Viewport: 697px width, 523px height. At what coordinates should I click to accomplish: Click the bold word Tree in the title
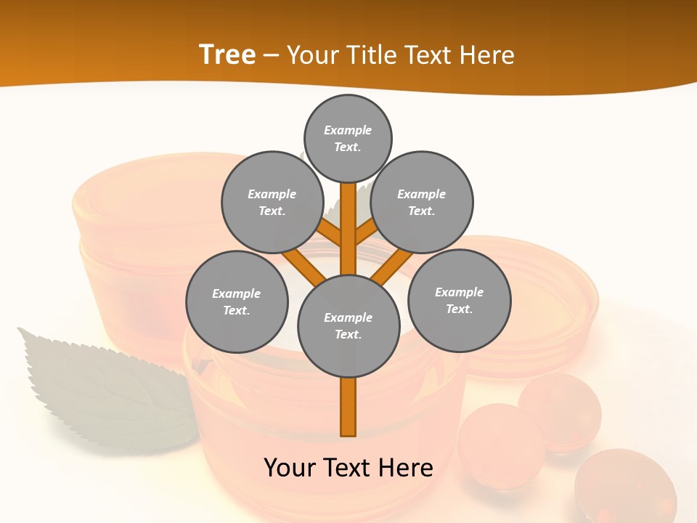point(227,54)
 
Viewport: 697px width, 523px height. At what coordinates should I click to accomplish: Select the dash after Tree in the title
point(271,55)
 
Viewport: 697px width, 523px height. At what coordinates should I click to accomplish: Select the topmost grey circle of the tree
point(348,138)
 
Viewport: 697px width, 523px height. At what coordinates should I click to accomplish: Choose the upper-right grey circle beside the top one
point(422,202)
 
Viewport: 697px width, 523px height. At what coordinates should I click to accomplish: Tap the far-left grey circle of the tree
point(237,301)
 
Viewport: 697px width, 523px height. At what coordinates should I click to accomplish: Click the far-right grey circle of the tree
point(459,300)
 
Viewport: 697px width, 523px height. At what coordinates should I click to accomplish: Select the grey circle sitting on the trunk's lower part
point(348,325)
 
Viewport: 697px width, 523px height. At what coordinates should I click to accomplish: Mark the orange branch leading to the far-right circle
point(393,264)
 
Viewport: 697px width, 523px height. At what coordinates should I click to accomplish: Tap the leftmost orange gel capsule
point(500,442)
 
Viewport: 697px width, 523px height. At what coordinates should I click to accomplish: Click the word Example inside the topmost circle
point(348,130)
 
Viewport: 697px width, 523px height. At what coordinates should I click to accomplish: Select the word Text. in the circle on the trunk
point(348,334)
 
